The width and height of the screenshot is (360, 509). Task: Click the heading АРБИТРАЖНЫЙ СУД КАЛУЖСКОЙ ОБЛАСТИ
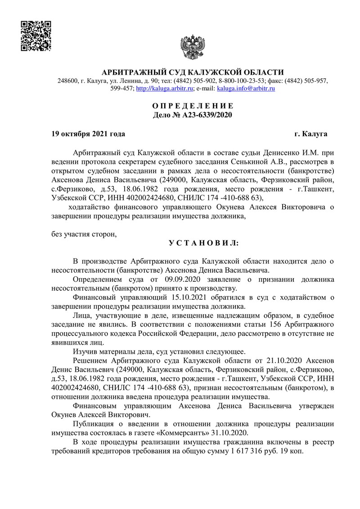(193, 72)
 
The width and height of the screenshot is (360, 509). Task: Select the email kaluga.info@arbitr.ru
(246, 89)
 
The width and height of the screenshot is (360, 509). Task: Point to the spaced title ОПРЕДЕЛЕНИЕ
(193, 106)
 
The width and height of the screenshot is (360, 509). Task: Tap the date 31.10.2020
(232, 433)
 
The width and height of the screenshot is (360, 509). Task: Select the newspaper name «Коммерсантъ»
(184, 433)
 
